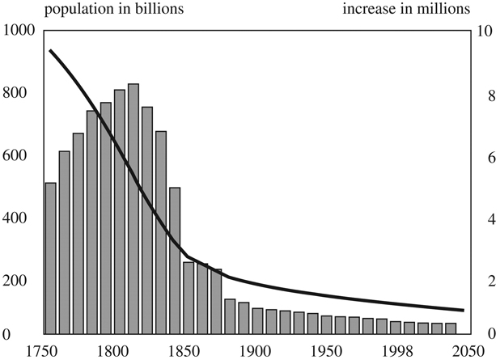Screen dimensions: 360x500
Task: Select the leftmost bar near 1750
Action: coord(50,258)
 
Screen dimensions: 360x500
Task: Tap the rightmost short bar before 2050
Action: coord(451,328)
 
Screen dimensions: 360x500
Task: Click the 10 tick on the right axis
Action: coord(484,31)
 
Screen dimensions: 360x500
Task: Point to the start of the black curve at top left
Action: coord(50,50)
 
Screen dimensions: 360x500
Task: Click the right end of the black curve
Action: coord(463,310)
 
